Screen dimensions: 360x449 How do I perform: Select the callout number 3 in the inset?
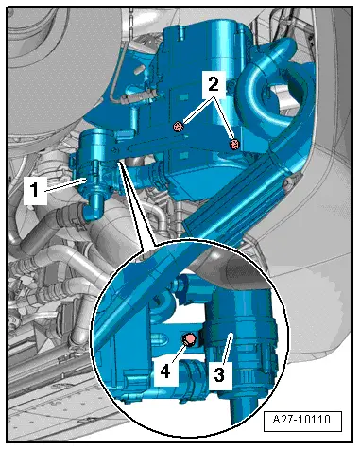click(x=219, y=374)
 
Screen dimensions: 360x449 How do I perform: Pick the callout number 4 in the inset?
click(x=164, y=371)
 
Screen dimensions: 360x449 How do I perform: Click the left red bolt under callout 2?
click(x=179, y=127)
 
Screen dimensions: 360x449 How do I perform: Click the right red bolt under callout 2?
click(x=234, y=145)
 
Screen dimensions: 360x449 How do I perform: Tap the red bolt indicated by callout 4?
click(x=190, y=339)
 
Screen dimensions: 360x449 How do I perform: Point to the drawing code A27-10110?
click(x=302, y=420)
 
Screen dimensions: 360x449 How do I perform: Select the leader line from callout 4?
click(x=180, y=353)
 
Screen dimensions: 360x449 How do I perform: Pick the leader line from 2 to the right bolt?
click(x=224, y=115)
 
